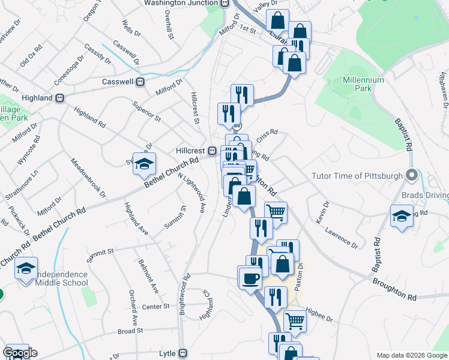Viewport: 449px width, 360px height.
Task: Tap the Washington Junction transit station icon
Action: pos(224,3)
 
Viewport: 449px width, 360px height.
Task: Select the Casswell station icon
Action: pos(140,82)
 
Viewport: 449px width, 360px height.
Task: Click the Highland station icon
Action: pos(59,98)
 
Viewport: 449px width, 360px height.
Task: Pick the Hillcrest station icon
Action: pos(212,150)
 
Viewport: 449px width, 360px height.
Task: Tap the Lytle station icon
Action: pos(183,353)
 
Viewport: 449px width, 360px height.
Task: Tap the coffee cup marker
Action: pos(250,277)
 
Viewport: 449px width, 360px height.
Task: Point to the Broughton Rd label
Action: pos(394,289)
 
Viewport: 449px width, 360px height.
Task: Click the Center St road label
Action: pos(156,307)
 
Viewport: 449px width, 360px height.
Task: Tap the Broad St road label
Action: pos(130,331)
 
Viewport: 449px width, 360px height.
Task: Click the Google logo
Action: pos(20,353)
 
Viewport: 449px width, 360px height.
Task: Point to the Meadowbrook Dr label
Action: pos(88,178)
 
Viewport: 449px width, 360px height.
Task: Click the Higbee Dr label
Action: pos(319,314)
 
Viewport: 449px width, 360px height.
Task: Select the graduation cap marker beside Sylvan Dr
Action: pos(144,163)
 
